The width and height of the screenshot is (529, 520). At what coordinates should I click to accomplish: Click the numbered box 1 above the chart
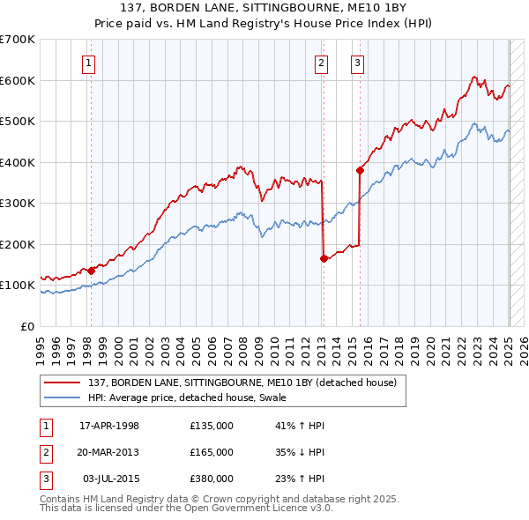90,63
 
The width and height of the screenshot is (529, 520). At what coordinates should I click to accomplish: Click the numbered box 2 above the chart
322,63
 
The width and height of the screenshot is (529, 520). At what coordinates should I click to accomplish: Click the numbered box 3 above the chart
357,63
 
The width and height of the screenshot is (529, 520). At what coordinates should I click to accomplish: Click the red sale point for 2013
324,258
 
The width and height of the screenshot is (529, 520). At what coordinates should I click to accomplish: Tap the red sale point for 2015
360,170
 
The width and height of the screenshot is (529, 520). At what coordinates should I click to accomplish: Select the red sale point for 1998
91,271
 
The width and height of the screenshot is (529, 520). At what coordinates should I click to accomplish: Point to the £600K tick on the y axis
18,80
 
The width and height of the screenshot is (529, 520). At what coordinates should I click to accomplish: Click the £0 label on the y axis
26,326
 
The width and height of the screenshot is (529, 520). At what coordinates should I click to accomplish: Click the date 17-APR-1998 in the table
109,427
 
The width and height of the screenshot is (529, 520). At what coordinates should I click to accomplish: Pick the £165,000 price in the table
211,452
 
